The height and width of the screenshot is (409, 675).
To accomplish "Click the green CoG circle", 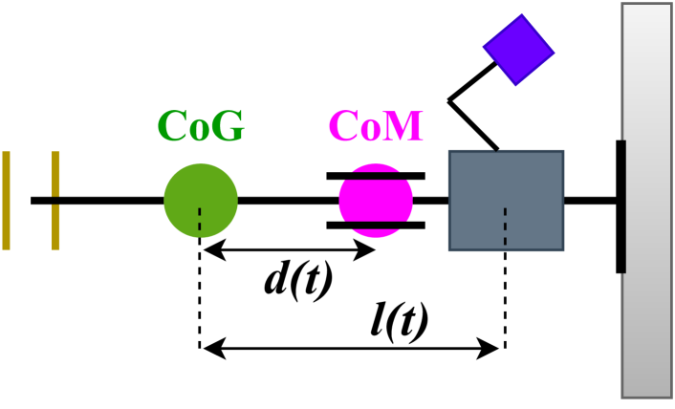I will click(x=200, y=201).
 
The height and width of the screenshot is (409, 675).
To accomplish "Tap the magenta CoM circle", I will click(x=376, y=201).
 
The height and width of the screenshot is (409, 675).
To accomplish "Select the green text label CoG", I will click(x=201, y=126).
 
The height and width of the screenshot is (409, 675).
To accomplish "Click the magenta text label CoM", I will click(x=376, y=126).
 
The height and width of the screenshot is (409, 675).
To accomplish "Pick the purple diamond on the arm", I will click(x=518, y=50).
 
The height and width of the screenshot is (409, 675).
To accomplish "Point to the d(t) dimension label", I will click(x=298, y=280).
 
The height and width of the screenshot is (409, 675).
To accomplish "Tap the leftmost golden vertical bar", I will click(x=6, y=201).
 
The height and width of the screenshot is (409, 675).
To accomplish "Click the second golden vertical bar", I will click(x=55, y=201).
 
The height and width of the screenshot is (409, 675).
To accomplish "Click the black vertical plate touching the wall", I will click(x=621, y=206).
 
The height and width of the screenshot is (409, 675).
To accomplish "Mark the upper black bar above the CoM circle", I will click(x=376, y=176).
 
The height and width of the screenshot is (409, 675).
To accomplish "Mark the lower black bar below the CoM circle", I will click(x=376, y=226).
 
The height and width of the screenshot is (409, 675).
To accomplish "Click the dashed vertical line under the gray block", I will click(x=504, y=287).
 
